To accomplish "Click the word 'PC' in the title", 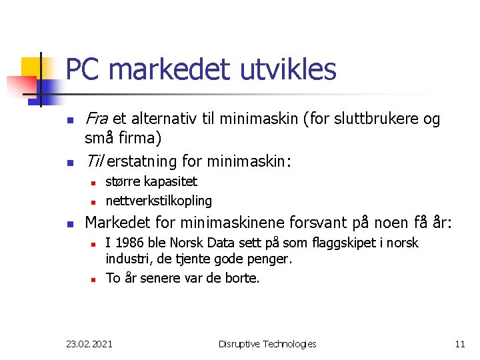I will pyautogui.click(x=82, y=69).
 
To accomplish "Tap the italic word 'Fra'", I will pyautogui.click(x=97, y=119).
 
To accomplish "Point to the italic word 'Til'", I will pyautogui.click(x=93, y=161).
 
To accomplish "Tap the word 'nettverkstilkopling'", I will pyautogui.click(x=159, y=201).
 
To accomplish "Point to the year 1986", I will pyautogui.click(x=127, y=243).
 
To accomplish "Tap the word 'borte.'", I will pyautogui.click(x=241, y=278).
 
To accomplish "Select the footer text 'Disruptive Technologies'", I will pyautogui.click(x=267, y=344).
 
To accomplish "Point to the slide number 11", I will pyautogui.click(x=460, y=344).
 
